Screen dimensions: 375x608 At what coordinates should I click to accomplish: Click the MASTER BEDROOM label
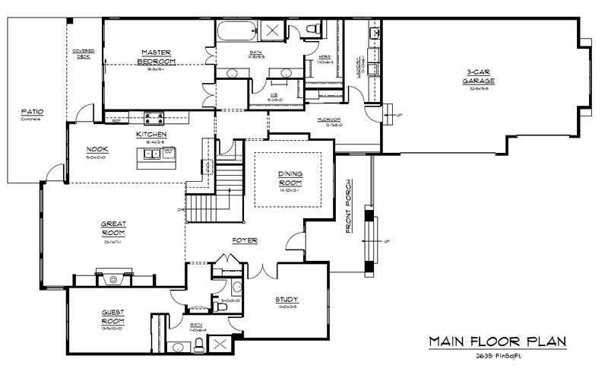[x=158, y=56]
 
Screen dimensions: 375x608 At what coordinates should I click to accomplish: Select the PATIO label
[x=32, y=113]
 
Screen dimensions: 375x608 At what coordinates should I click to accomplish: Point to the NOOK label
[x=96, y=148]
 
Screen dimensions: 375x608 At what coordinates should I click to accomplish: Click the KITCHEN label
[x=151, y=135]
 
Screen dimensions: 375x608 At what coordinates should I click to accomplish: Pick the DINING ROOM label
[x=292, y=178]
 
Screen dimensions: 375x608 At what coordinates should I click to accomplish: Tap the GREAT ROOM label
[x=113, y=227]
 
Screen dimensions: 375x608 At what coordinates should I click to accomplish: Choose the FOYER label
[x=245, y=240]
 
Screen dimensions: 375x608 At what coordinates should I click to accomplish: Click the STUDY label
[x=287, y=299]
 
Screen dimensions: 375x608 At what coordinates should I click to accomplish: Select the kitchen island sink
[x=151, y=153]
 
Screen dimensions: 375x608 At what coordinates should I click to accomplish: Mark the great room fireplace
[x=113, y=278]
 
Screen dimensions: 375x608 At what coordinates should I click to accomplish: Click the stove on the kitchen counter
[x=155, y=117]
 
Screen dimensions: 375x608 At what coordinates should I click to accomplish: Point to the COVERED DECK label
[x=83, y=53]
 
